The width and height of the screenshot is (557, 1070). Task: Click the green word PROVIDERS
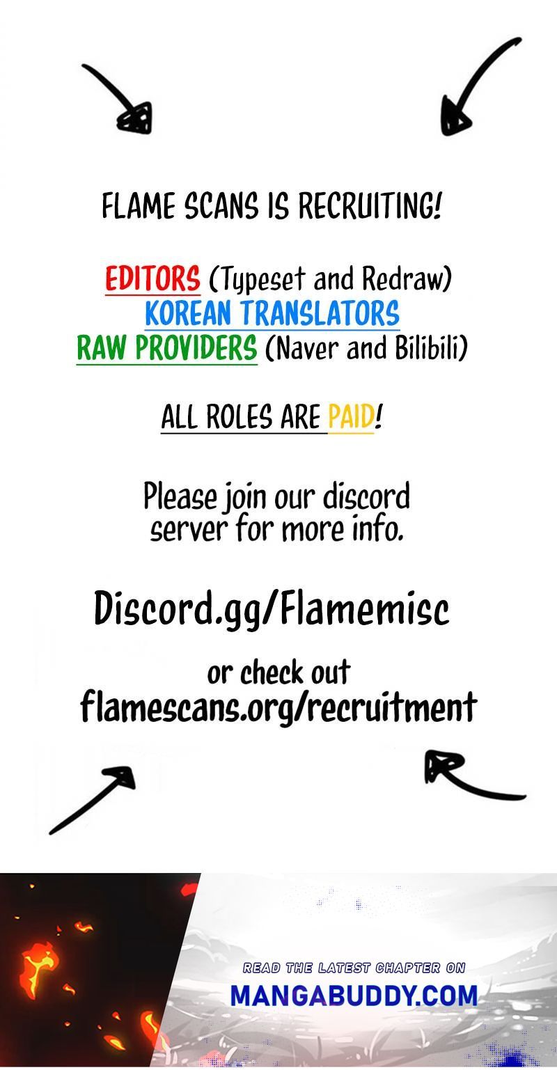[196, 348]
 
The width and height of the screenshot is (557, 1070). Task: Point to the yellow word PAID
[351, 416]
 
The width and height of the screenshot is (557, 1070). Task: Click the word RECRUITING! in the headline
[370, 206]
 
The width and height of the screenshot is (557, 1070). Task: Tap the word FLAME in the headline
[139, 206]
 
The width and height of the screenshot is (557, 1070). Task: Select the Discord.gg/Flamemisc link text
[272, 608]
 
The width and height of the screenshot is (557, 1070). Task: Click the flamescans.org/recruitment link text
[278, 707]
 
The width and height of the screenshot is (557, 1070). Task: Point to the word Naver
[304, 348]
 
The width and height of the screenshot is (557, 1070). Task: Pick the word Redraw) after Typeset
[407, 279]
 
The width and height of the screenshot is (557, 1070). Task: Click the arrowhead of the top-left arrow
[135, 119]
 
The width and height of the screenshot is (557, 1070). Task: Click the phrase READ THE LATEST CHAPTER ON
[354, 968]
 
